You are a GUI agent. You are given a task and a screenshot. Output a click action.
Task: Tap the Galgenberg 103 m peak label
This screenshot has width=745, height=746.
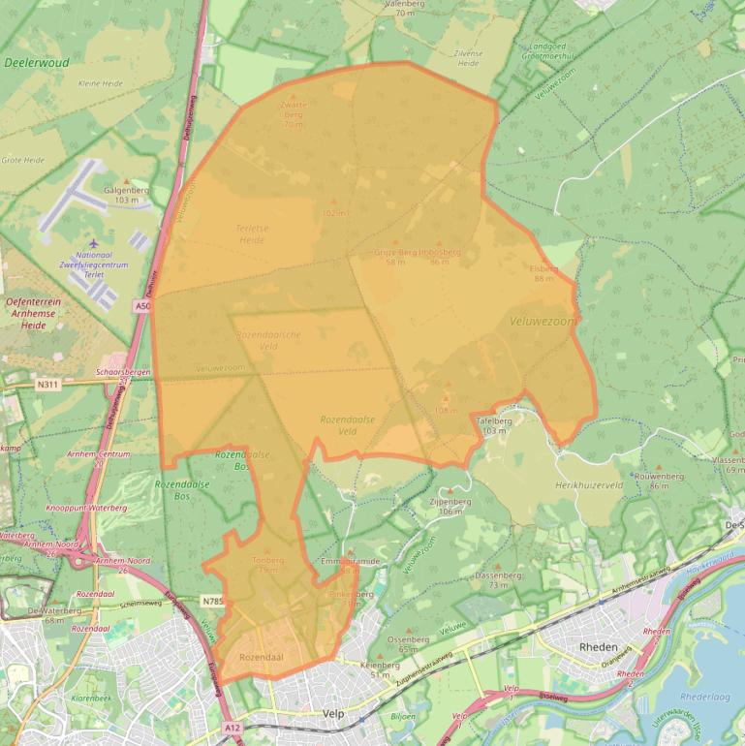[125, 195]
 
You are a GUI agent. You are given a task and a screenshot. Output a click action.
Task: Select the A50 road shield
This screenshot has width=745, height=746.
[143, 306]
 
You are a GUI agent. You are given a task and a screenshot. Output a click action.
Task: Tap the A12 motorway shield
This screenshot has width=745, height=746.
[231, 727]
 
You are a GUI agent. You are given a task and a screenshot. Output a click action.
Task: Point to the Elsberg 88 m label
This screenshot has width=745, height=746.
[543, 273]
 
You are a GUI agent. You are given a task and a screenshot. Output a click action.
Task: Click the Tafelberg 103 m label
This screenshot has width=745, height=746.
[493, 425]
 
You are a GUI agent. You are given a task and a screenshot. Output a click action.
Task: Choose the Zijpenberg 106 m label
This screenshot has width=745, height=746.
[450, 506]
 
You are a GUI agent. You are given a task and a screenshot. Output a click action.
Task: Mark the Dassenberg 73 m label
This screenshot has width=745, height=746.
[498, 579]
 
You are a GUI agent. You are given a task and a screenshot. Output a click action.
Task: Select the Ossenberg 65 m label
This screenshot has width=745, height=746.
[408, 643]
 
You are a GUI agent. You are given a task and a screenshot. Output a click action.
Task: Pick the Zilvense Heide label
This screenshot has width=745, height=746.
[467, 57]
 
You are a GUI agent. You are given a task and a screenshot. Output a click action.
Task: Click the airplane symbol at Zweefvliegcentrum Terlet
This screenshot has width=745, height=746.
[93, 243]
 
